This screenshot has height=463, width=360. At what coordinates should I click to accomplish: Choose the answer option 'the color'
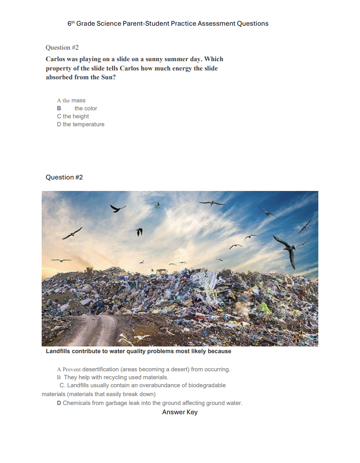[x=86, y=109]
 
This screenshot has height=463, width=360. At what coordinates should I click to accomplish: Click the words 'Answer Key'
[x=180, y=412]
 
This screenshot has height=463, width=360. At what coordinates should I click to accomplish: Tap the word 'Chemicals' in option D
[x=76, y=403]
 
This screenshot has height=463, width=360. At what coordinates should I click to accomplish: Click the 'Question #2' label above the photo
[x=64, y=177]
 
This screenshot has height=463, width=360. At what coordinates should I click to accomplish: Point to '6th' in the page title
[x=71, y=23]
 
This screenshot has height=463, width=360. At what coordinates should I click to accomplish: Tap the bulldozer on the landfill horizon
[x=161, y=271]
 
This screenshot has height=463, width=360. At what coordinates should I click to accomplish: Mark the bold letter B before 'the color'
[x=59, y=109]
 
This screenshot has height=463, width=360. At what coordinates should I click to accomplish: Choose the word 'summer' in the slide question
[x=159, y=59]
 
